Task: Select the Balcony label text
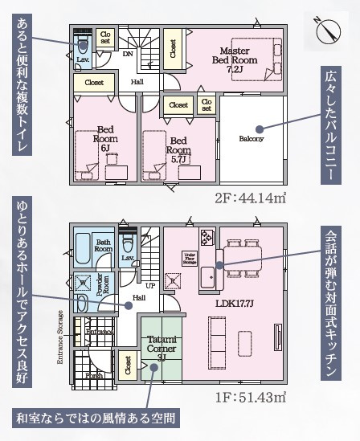[x=251, y=138]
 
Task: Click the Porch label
[x=95, y=374]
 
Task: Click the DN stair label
[x=127, y=55]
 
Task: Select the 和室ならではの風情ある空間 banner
[x=96, y=419]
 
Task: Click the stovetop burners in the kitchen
[x=207, y=238]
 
